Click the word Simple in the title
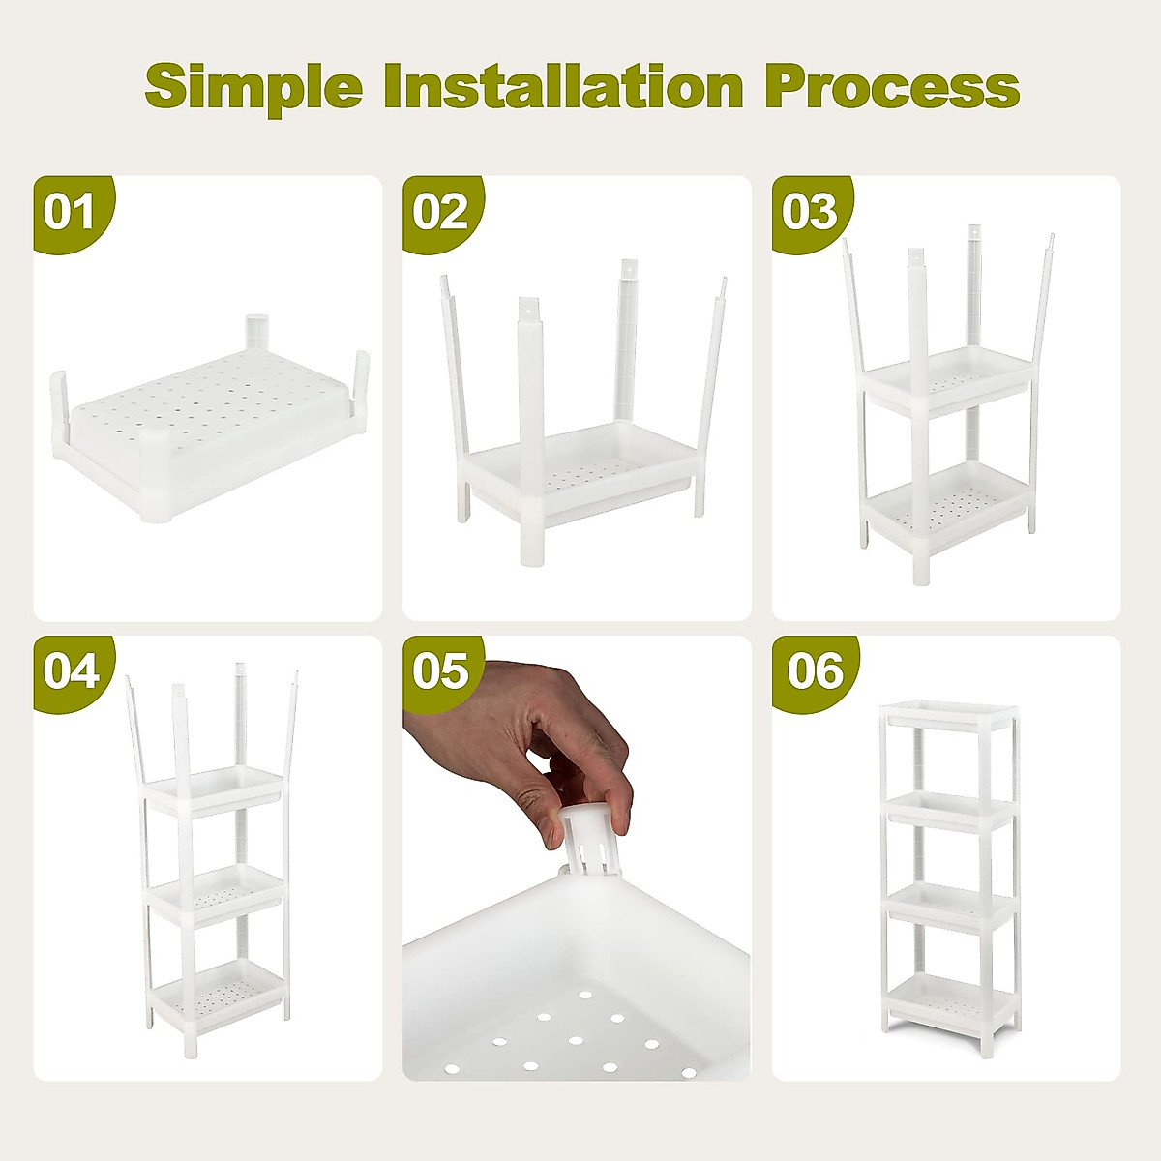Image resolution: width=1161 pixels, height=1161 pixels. coord(253,87)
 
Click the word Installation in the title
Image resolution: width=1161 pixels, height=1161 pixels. coord(563,87)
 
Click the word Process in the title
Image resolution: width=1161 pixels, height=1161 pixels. coord(891,87)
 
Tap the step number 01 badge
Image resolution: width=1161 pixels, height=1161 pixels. coord(71,212)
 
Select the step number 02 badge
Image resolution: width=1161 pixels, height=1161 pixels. coord(440,212)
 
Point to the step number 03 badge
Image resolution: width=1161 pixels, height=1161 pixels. coord(810,212)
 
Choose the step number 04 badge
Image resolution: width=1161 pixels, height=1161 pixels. coord(71,671)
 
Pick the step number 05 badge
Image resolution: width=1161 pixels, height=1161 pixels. coord(440,671)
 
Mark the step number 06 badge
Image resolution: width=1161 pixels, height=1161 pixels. coord(814,671)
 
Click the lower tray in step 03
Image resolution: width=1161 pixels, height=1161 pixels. coord(946,503)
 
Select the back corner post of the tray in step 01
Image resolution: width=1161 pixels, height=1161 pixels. coord(256,331)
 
